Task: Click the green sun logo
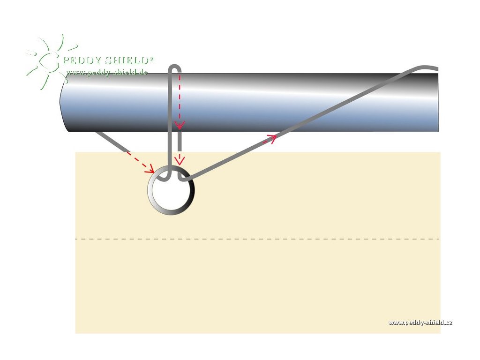point(47,61)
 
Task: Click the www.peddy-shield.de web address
point(107,72)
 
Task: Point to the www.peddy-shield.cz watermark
point(420,322)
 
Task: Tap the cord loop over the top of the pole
point(174,67)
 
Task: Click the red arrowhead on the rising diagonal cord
point(271,138)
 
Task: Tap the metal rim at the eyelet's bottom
point(171,212)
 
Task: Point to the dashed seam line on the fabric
point(258,239)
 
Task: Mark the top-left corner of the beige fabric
point(76,153)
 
